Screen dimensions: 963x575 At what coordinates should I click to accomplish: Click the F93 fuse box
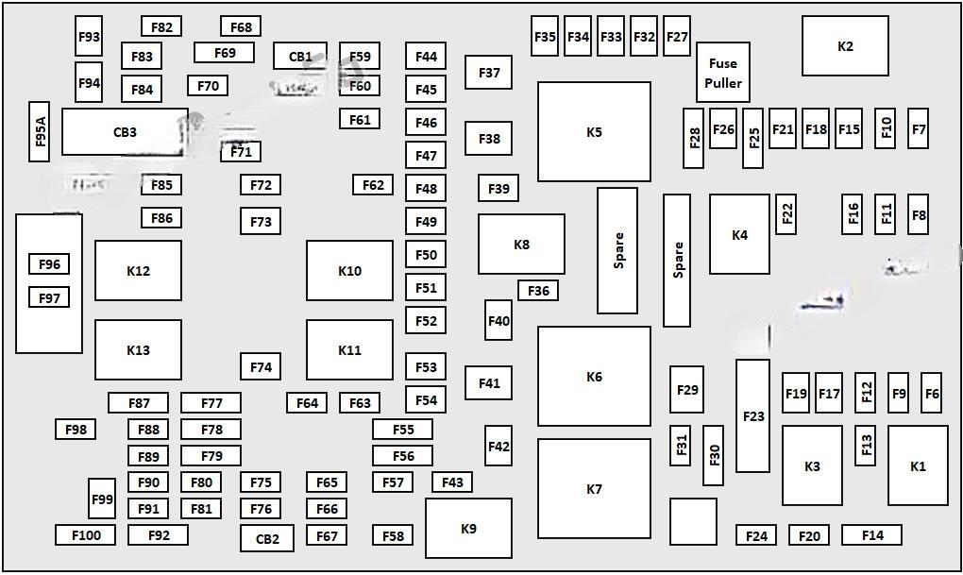tap(89, 36)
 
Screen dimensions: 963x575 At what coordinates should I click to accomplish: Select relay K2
tap(845, 46)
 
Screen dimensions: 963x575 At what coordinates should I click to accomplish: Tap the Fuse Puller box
tap(723, 73)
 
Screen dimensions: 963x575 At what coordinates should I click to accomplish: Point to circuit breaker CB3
tap(125, 132)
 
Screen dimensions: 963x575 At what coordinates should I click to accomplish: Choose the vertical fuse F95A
tap(40, 132)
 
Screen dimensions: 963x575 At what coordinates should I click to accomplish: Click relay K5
tap(594, 132)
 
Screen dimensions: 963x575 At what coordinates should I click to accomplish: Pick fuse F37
tap(488, 73)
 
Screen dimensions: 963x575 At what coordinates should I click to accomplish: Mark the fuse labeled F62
tap(373, 185)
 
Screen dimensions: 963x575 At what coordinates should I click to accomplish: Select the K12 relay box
tap(138, 271)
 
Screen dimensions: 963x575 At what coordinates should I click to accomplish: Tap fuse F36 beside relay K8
tap(538, 291)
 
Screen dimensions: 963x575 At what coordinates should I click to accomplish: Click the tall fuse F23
tap(753, 415)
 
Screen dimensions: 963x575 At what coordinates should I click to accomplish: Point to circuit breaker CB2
tap(267, 539)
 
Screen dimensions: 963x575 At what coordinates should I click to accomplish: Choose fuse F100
tap(86, 535)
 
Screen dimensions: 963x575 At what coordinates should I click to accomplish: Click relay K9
tap(468, 529)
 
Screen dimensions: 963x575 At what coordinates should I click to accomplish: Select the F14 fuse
tap(872, 535)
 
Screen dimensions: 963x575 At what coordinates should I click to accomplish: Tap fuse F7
tap(919, 129)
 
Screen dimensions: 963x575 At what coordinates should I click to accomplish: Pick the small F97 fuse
tap(49, 298)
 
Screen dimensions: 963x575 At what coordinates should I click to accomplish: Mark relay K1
tap(919, 465)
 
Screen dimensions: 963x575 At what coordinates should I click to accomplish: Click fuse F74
tap(261, 366)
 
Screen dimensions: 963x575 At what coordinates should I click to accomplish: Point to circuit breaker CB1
tap(300, 56)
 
